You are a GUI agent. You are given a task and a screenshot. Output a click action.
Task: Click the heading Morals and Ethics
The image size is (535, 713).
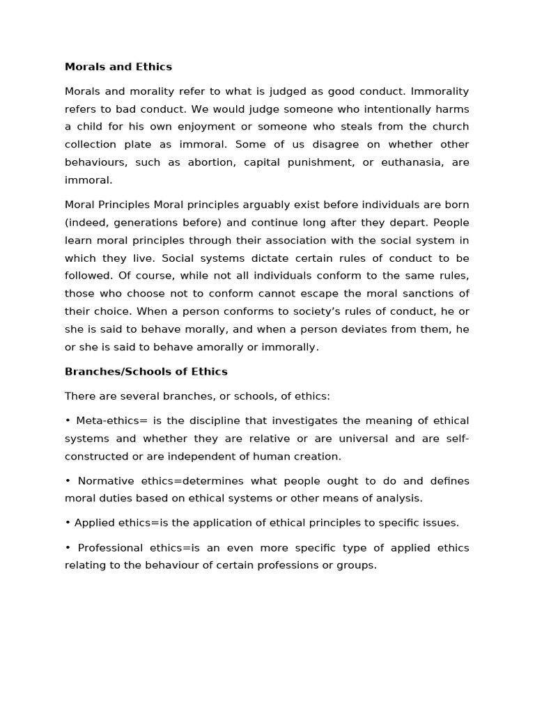click(118, 67)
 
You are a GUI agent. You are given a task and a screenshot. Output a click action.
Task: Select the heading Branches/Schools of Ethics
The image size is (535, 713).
click(146, 371)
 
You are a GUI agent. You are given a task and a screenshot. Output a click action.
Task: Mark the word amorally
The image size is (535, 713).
click(230, 346)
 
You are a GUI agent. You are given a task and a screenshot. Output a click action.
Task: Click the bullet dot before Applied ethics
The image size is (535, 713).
click(68, 523)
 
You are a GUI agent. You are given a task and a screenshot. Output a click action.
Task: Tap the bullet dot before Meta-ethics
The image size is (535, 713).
click(68, 421)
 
